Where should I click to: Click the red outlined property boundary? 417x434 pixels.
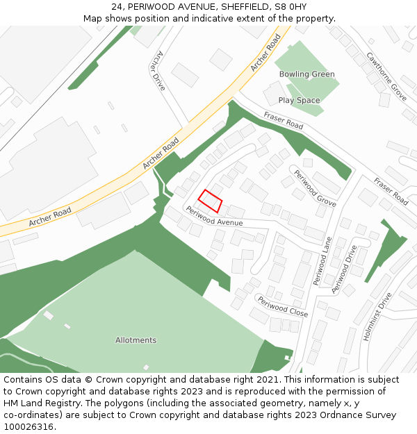[x=210, y=201]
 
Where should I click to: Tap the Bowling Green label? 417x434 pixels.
[x=306, y=74]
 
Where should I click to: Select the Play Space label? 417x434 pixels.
[x=300, y=100]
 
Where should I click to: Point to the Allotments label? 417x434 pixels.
[x=136, y=340]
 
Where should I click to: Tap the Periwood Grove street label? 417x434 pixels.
[x=315, y=188]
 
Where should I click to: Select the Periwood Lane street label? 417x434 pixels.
[x=322, y=261]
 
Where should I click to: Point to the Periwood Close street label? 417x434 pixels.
[x=282, y=306]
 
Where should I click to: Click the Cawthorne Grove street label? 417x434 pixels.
[x=386, y=76]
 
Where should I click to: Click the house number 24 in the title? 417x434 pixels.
[x=117, y=6]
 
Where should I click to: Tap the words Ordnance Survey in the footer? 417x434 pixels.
[x=362, y=415]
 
